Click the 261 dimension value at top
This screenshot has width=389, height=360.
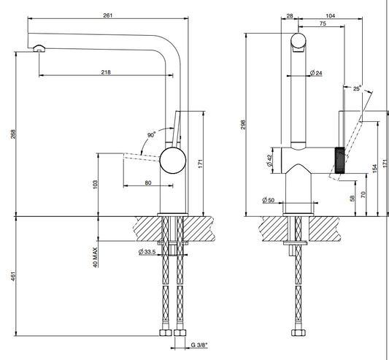pyautogui.click(x=108, y=15)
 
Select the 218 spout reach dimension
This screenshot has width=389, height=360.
pyautogui.click(x=106, y=72)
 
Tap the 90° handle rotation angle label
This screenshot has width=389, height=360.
pyautogui.click(x=151, y=135)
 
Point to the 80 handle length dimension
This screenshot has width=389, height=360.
pyautogui.click(x=148, y=183)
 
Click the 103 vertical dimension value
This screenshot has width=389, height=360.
pyautogui.click(x=96, y=185)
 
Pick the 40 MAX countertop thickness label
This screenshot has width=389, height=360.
pyautogui.click(x=96, y=258)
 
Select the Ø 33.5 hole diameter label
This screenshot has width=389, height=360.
pyautogui.click(x=147, y=252)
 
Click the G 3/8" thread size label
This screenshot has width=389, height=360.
pyautogui.click(x=199, y=345)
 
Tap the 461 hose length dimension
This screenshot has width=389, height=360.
pyautogui.click(x=13, y=277)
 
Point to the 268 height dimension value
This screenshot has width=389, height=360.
pyautogui.click(x=13, y=134)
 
